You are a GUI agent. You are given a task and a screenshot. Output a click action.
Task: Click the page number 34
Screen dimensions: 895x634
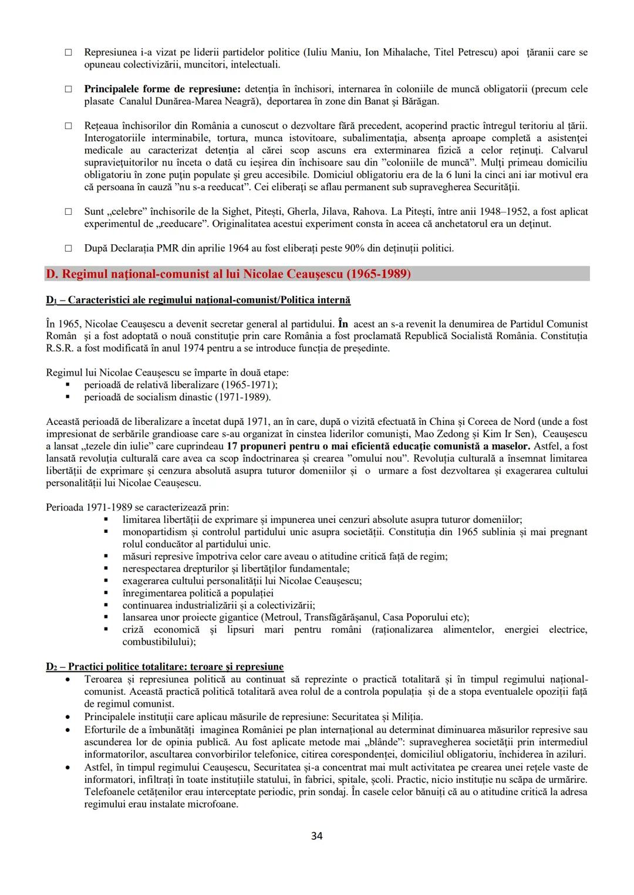coord(316,836)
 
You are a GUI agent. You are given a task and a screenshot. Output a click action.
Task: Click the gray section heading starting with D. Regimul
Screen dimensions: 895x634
coord(228,274)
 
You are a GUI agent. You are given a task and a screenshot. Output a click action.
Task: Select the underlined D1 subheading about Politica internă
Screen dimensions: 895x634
coord(198,300)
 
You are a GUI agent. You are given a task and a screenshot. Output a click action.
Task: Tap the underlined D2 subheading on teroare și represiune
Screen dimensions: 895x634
coord(164,667)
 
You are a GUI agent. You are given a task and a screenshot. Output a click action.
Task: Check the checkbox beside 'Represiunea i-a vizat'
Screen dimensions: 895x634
coord(69,53)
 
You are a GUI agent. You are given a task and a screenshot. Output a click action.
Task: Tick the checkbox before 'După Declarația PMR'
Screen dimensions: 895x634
coord(69,248)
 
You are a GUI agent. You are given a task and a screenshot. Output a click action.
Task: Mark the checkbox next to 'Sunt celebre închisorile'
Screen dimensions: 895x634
coord(69,211)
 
